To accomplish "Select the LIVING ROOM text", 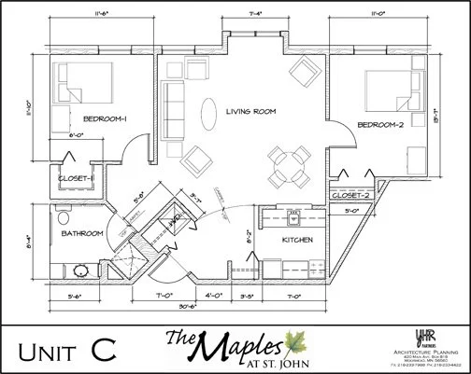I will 252,111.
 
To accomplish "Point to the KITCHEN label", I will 296,240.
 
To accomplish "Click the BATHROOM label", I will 82,233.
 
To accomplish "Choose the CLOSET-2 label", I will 351,195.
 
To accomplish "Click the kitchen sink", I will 293,221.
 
